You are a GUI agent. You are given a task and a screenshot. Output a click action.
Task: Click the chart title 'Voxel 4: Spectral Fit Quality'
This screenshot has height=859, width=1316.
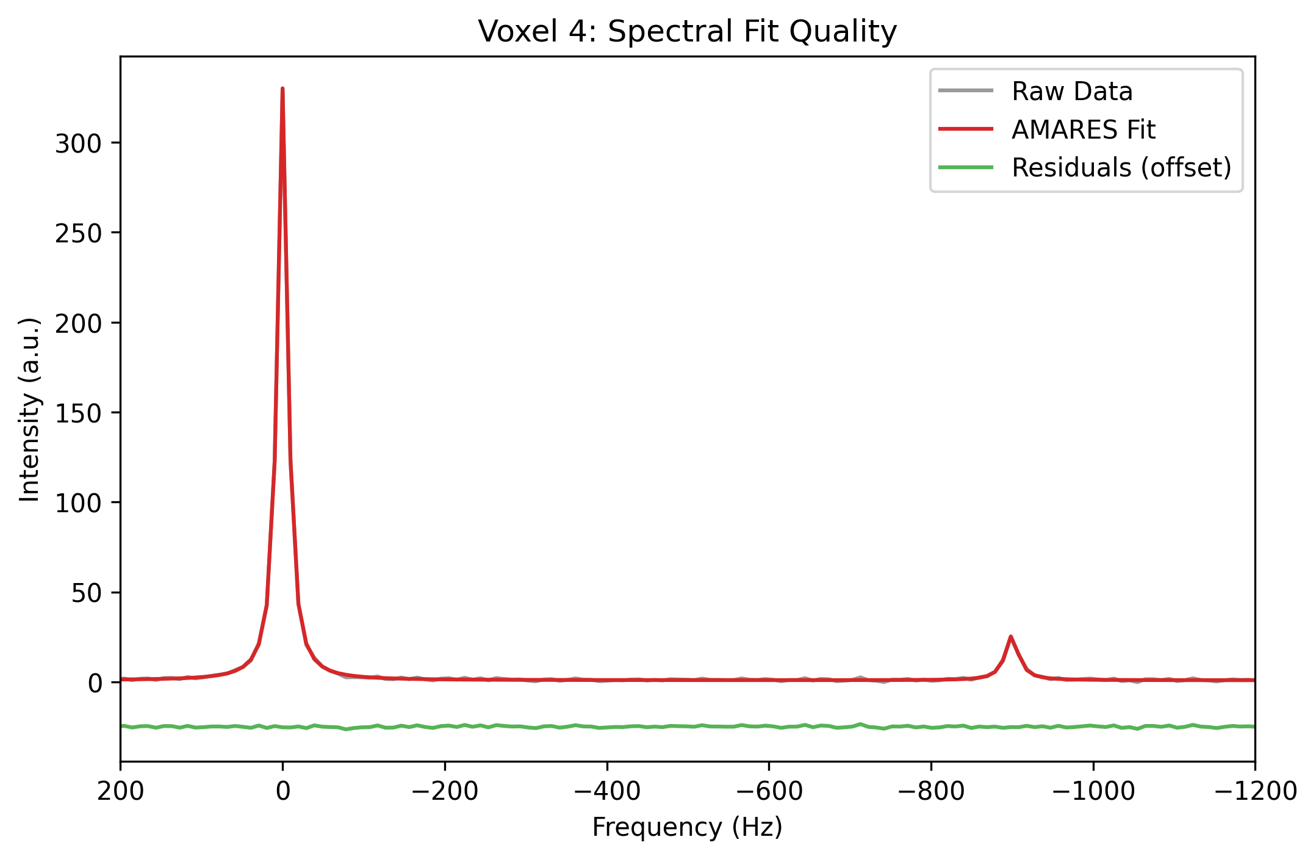tap(687, 32)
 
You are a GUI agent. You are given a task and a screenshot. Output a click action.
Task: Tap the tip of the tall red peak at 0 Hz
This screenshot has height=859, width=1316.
tap(282, 89)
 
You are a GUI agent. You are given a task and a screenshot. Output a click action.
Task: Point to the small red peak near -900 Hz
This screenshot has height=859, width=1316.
tap(1011, 637)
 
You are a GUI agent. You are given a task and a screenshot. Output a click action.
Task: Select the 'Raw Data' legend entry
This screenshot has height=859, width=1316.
tap(1071, 92)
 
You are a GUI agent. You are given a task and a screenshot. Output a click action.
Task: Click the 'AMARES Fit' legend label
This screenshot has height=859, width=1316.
tap(1083, 129)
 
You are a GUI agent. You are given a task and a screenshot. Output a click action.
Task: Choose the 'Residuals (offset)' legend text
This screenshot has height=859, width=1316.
tap(1121, 167)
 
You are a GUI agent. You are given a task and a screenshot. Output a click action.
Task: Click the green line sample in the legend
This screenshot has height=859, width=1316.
tap(966, 167)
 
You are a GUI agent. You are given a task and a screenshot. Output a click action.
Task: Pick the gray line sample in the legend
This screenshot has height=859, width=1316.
tap(966, 92)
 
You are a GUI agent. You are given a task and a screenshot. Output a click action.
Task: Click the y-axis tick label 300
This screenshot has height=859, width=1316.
tap(78, 144)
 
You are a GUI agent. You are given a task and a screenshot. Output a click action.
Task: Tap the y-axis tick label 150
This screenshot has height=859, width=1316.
tap(78, 413)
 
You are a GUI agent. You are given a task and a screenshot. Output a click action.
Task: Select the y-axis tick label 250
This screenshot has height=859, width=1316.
tap(78, 234)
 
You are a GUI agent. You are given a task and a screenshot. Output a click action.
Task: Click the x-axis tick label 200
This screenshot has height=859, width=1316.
tap(121, 792)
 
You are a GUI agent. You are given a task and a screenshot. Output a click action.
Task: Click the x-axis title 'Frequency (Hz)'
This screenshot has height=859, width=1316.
tap(687, 828)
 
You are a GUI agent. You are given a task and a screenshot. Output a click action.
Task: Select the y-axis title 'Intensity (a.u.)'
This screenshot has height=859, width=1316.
tap(29, 410)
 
